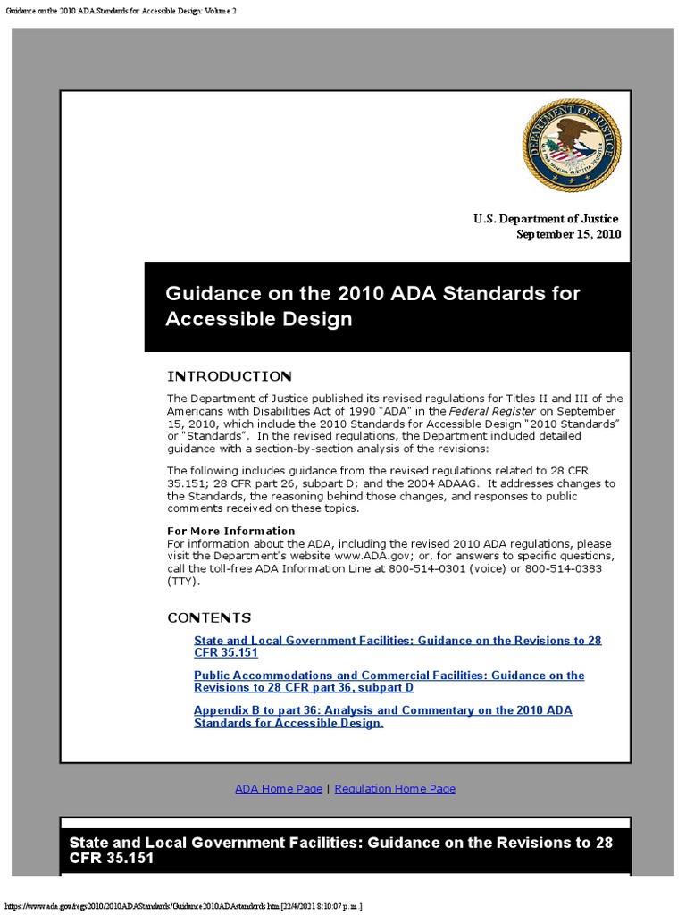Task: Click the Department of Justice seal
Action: pos(572,145)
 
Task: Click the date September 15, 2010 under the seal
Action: pos(569,234)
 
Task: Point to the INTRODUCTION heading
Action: pos(229,376)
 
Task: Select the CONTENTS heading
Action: pos(209,617)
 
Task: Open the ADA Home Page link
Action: pos(279,789)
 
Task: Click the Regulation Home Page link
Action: pos(395,789)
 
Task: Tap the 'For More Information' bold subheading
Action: pos(230,531)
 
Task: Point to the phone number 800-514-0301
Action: pos(426,568)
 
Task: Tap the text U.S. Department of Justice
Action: pos(545,219)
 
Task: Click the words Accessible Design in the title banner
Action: pos(259,319)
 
